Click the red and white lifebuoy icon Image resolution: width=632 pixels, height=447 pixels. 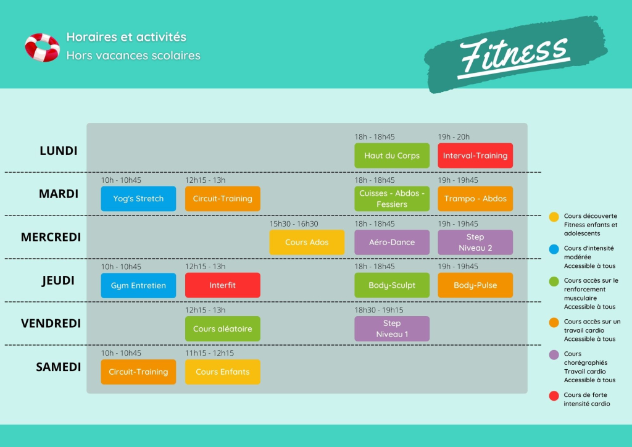[x=42, y=48]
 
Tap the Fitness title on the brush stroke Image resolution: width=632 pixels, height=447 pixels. [x=514, y=56]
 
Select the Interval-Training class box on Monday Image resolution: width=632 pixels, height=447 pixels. [x=475, y=156]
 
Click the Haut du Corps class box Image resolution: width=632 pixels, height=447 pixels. [x=392, y=156]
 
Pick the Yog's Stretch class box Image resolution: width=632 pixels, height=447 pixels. [x=138, y=199]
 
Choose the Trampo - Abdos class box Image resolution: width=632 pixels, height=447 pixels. [x=475, y=199]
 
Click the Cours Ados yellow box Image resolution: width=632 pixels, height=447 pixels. [x=307, y=242]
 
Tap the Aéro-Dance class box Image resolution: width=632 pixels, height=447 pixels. [x=392, y=242]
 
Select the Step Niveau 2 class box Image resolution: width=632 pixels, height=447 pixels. [x=475, y=242]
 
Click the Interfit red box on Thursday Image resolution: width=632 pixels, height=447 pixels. [x=222, y=285]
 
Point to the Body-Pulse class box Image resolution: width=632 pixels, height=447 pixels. [x=475, y=285]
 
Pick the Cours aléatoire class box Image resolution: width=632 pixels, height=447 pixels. [x=222, y=329]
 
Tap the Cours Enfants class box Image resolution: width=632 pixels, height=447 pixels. [x=222, y=372]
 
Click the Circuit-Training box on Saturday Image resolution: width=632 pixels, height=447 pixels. [x=138, y=372]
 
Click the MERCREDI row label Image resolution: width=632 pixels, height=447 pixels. [x=51, y=237]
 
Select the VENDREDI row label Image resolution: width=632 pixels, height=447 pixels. [x=51, y=324]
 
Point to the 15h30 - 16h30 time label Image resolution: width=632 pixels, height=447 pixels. [x=294, y=223]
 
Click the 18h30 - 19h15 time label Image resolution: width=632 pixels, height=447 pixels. [x=379, y=310]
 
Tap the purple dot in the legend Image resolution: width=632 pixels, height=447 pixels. [x=554, y=354]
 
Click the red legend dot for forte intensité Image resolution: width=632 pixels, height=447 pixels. [x=554, y=396]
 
